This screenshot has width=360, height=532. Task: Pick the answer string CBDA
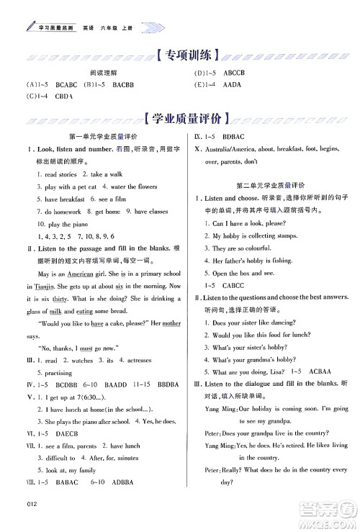click(64, 96)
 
